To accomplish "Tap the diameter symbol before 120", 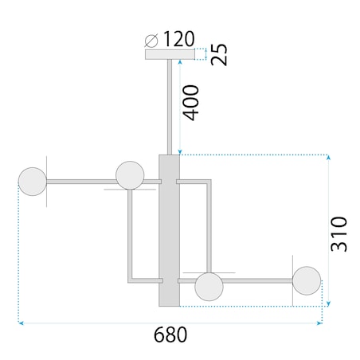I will [152, 39].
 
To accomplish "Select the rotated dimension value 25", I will [219, 54].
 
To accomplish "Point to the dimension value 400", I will [192, 100].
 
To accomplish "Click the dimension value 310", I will [340, 233].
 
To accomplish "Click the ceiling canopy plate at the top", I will [170, 55].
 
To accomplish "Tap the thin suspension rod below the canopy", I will [170, 104].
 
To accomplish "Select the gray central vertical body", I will [170, 230].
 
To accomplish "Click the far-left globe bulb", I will [33, 182].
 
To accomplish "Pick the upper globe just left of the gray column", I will [129, 174].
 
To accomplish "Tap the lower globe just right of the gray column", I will [209, 287].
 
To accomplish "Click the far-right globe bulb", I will [306, 280].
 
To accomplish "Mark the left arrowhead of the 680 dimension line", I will [21, 323].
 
